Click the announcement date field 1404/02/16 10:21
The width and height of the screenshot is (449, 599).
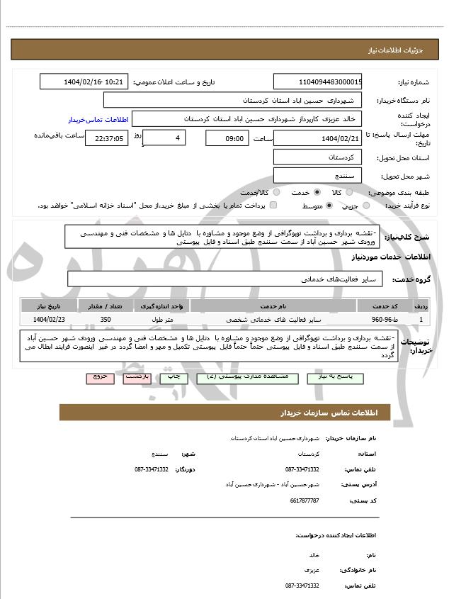pyautogui.click(x=84, y=82)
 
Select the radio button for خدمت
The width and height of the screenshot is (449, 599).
pyautogui.click(x=317, y=192)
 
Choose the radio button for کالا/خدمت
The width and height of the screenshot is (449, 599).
pyautogui.click(x=276, y=192)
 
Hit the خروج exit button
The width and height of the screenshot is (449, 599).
pyautogui.click(x=99, y=378)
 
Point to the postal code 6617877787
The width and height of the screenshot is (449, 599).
pyautogui.click(x=305, y=500)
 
